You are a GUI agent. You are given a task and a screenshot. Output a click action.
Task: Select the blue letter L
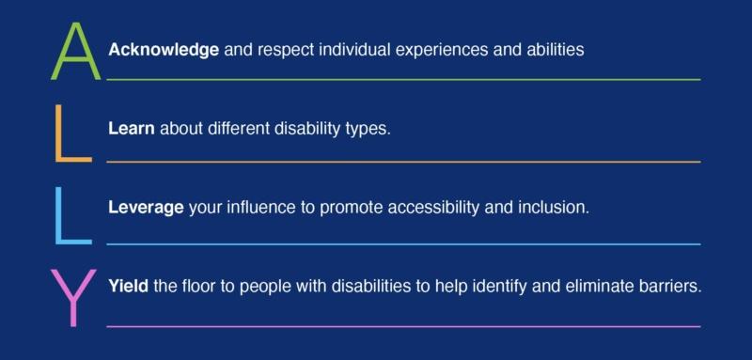(71, 215)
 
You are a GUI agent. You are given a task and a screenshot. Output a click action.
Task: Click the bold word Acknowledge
(164, 49)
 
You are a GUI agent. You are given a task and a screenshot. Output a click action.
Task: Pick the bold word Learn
(131, 128)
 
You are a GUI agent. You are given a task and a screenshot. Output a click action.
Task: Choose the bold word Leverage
(146, 207)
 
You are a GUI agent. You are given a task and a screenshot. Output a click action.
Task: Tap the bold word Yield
(128, 286)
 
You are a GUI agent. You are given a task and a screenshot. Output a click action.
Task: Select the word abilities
(554, 49)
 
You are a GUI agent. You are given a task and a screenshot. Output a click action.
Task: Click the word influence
(258, 207)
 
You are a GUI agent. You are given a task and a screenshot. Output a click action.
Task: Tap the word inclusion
(556, 207)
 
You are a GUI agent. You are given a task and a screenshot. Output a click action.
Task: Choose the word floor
(198, 286)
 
